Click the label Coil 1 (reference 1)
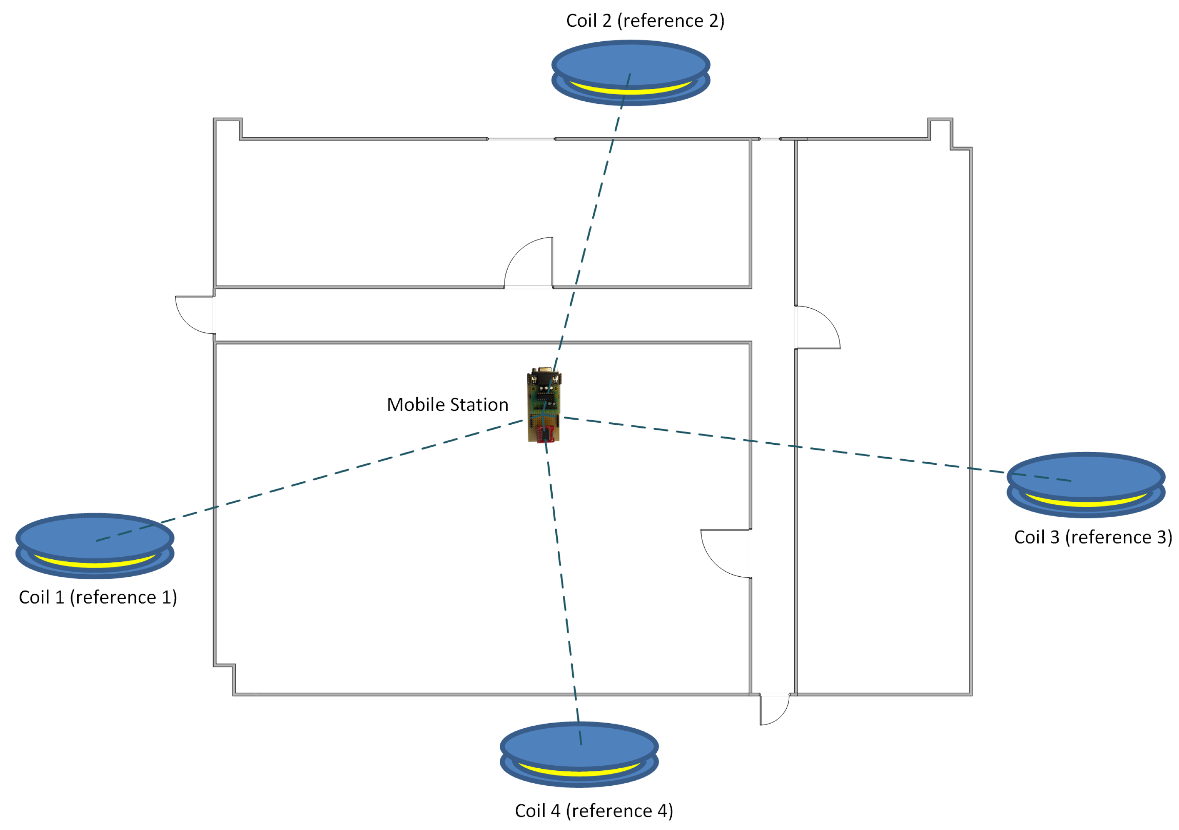click(97, 597)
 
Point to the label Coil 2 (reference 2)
click(645, 20)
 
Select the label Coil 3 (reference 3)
click(1093, 537)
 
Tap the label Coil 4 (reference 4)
click(594, 810)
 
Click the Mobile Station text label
click(447, 405)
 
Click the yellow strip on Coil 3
click(1086, 504)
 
